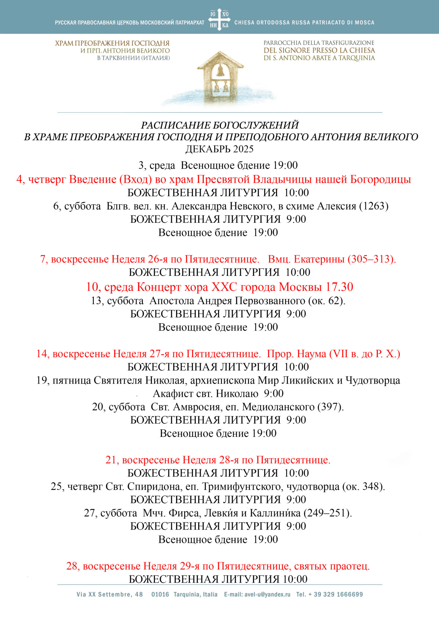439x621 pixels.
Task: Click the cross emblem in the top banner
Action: click(219, 20)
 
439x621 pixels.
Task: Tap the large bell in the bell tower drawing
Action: click(221, 71)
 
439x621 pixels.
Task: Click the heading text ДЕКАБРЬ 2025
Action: click(219, 149)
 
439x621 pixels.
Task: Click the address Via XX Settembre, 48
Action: click(110, 594)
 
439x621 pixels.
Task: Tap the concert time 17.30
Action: click(339, 287)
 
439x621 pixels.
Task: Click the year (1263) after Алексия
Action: click(374, 206)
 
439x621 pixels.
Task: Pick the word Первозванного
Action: click(251, 301)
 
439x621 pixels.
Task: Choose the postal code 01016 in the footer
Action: click(160, 594)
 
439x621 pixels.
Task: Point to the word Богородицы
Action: click(381, 180)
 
